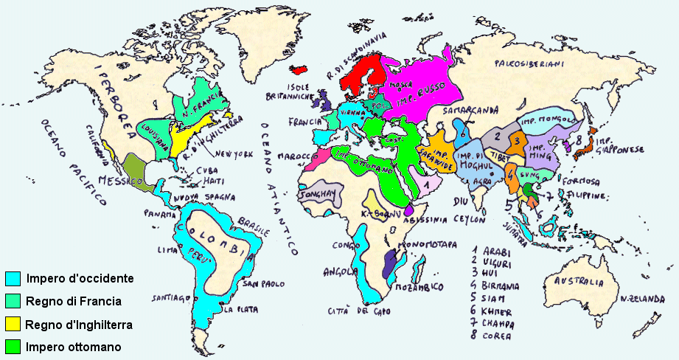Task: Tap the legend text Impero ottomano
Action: coord(73,346)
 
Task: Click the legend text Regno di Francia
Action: coord(73,301)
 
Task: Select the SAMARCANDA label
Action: coord(468,111)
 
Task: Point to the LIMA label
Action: coord(165,250)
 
